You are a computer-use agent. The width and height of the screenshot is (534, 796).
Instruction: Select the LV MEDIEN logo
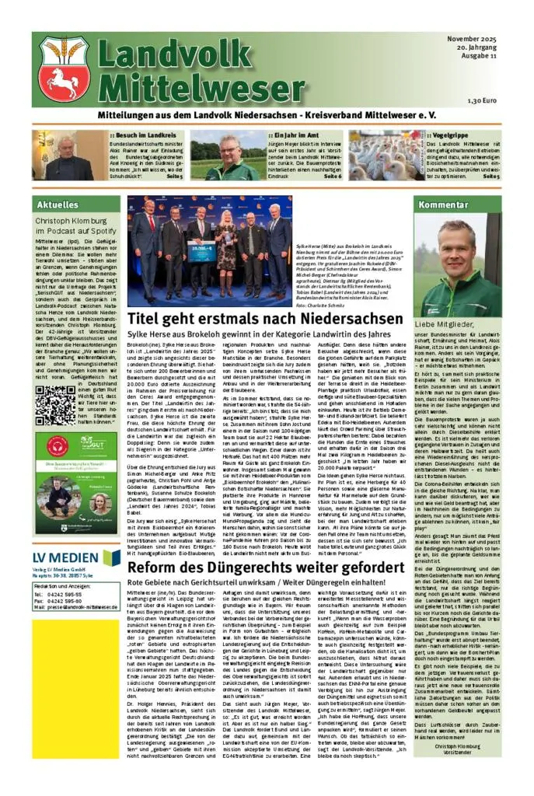tap(76, 558)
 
